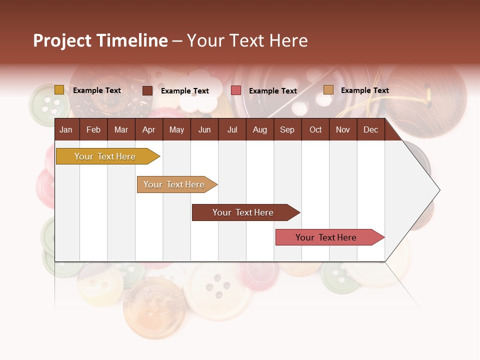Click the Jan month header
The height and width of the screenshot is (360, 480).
click(66, 129)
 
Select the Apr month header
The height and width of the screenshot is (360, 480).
click(149, 129)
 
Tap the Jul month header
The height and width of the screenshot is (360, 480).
click(232, 129)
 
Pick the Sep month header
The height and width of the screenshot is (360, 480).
click(287, 129)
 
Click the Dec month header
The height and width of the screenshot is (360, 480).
click(370, 129)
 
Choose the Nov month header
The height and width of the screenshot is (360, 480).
click(343, 129)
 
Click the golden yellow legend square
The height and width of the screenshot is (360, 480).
click(59, 90)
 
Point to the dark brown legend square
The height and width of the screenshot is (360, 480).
click(147, 90)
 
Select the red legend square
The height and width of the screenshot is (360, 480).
click(236, 90)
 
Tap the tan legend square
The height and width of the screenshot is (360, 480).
click(328, 90)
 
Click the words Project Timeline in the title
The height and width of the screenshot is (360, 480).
click(100, 40)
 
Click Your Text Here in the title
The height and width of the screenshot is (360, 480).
click(247, 40)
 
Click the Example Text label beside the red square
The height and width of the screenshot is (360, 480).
click(272, 91)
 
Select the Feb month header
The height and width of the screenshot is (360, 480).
click(93, 129)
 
